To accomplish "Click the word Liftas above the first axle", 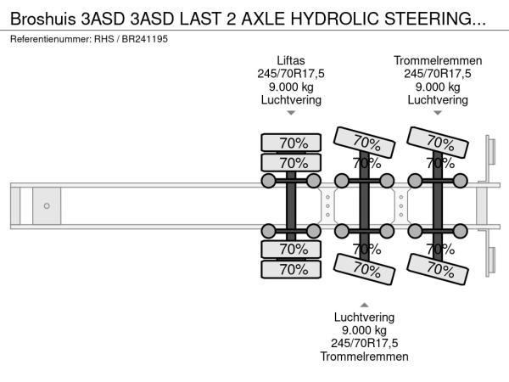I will pyautogui.click(x=290, y=60).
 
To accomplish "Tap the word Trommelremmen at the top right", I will pyautogui.click(x=438, y=60).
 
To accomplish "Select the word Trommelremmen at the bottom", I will pyautogui.click(x=364, y=357).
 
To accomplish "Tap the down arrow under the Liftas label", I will pyautogui.click(x=290, y=113).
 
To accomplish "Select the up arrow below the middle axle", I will pyautogui.click(x=364, y=304).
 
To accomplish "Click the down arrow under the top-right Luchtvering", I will pyautogui.click(x=438, y=113).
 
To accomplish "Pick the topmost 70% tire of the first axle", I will pyautogui.click(x=290, y=142).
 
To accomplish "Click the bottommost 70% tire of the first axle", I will pyautogui.click(x=290, y=269).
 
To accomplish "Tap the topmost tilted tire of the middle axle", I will pyautogui.click(x=366, y=141).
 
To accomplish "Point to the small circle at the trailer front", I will pyautogui.click(x=47, y=205).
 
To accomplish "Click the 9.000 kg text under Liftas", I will pyautogui.click(x=290, y=87).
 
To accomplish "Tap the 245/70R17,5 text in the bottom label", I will pyautogui.click(x=364, y=343).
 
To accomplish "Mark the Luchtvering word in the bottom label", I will pyautogui.click(x=364, y=317).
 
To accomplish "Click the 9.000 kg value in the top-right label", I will pyautogui.click(x=438, y=87).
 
